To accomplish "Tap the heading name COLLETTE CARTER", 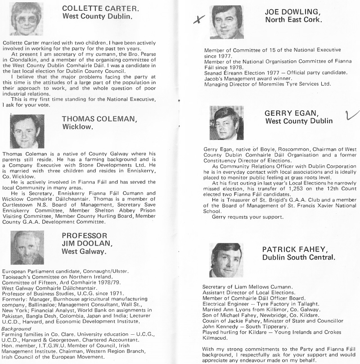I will pos(95,9).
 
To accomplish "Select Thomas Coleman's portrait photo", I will pos(27,131).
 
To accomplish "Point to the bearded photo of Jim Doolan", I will pos(27,247).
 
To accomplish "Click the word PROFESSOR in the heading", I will pos(85,235).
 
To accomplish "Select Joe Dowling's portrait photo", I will pos(227,22).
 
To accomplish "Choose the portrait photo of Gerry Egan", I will pos(227,123).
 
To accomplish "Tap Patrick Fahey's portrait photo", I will pos(227,260).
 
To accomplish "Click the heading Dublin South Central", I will pos(298,258).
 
